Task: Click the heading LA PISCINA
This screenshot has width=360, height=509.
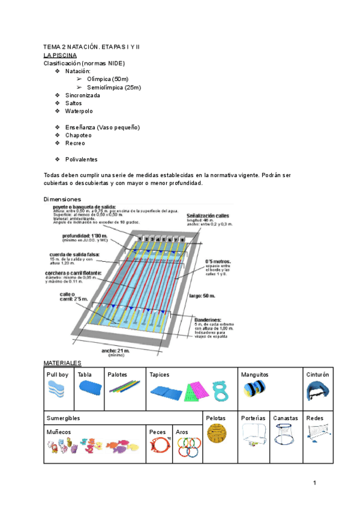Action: click(x=60, y=55)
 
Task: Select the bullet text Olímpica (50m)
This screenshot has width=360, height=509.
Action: click(x=107, y=79)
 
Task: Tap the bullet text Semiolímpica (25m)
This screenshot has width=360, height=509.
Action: click(x=113, y=88)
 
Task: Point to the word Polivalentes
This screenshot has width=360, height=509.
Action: click(x=81, y=160)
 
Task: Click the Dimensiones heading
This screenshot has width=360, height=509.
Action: click(x=62, y=199)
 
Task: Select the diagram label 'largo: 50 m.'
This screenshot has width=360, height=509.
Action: click(x=202, y=296)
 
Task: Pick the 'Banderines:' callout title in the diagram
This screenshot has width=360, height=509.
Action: click(x=208, y=321)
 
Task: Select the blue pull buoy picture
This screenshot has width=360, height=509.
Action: click(x=59, y=394)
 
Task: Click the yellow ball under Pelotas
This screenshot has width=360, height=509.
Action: click(x=217, y=433)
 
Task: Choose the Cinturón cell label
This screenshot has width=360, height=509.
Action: click(x=317, y=375)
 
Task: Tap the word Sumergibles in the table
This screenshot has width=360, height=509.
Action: click(x=63, y=418)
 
